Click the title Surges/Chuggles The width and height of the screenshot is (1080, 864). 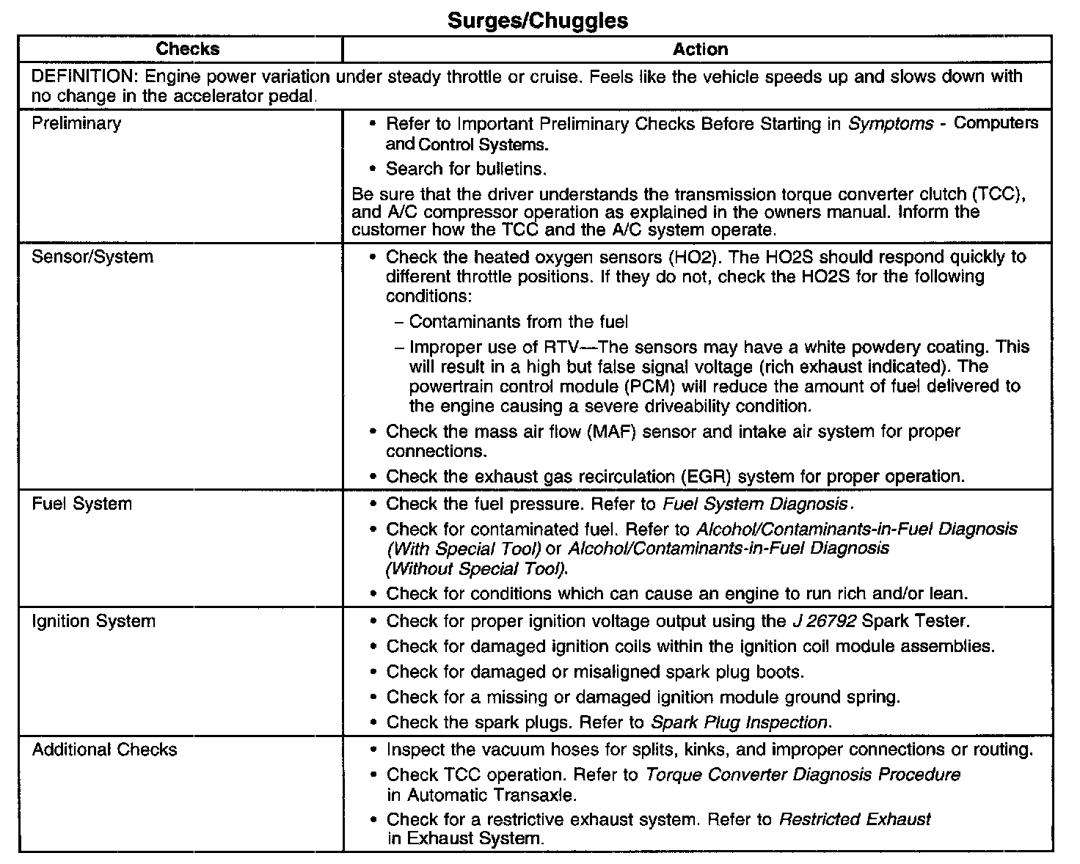coord(538,21)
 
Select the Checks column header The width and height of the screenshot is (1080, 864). coord(187,49)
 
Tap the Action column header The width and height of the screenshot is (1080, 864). coord(700,49)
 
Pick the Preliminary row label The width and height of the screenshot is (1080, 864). coord(76,123)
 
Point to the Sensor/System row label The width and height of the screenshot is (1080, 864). coord(92,257)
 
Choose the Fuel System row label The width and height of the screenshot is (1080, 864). coord(82,504)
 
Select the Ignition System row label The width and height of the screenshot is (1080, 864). coord(94,621)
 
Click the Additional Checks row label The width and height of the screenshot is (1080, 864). coord(105,750)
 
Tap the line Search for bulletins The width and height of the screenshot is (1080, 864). coord(467,169)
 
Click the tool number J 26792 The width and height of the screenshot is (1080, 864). coord(824,621)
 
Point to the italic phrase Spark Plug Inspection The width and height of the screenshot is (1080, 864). coord(740,722)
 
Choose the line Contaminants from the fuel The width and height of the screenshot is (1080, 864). coord(518,321)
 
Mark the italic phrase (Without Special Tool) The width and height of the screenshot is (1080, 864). coord(476,568)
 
